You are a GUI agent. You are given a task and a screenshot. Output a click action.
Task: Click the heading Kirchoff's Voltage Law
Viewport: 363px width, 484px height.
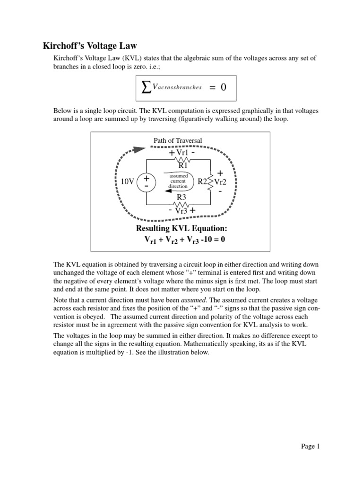[x=90, y=46]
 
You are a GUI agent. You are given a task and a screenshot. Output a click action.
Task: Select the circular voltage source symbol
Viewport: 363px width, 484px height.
[x=147, y=182]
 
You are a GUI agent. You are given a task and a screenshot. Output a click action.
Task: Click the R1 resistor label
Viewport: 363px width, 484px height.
[x=183, y=165]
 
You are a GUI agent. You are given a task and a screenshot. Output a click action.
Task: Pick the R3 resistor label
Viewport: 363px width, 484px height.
[x=181, y=197]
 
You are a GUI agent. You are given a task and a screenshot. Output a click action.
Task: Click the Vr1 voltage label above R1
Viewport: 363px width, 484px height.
[x=182, y=153]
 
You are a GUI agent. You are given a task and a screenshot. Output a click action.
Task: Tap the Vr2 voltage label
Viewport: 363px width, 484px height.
[x=221, y=181]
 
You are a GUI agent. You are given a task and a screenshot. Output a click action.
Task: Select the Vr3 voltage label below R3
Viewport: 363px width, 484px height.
[x=182, y=211]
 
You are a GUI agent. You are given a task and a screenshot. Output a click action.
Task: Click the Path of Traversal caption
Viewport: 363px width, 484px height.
[x=178, y=140]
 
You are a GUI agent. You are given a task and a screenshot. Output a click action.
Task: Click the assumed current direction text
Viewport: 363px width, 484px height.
[x=178, y=181]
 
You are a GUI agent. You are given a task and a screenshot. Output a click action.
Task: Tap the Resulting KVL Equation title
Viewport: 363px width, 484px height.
[x=179, y=229]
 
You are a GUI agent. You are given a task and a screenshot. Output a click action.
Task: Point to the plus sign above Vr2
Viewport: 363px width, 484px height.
[x=220, y=173]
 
